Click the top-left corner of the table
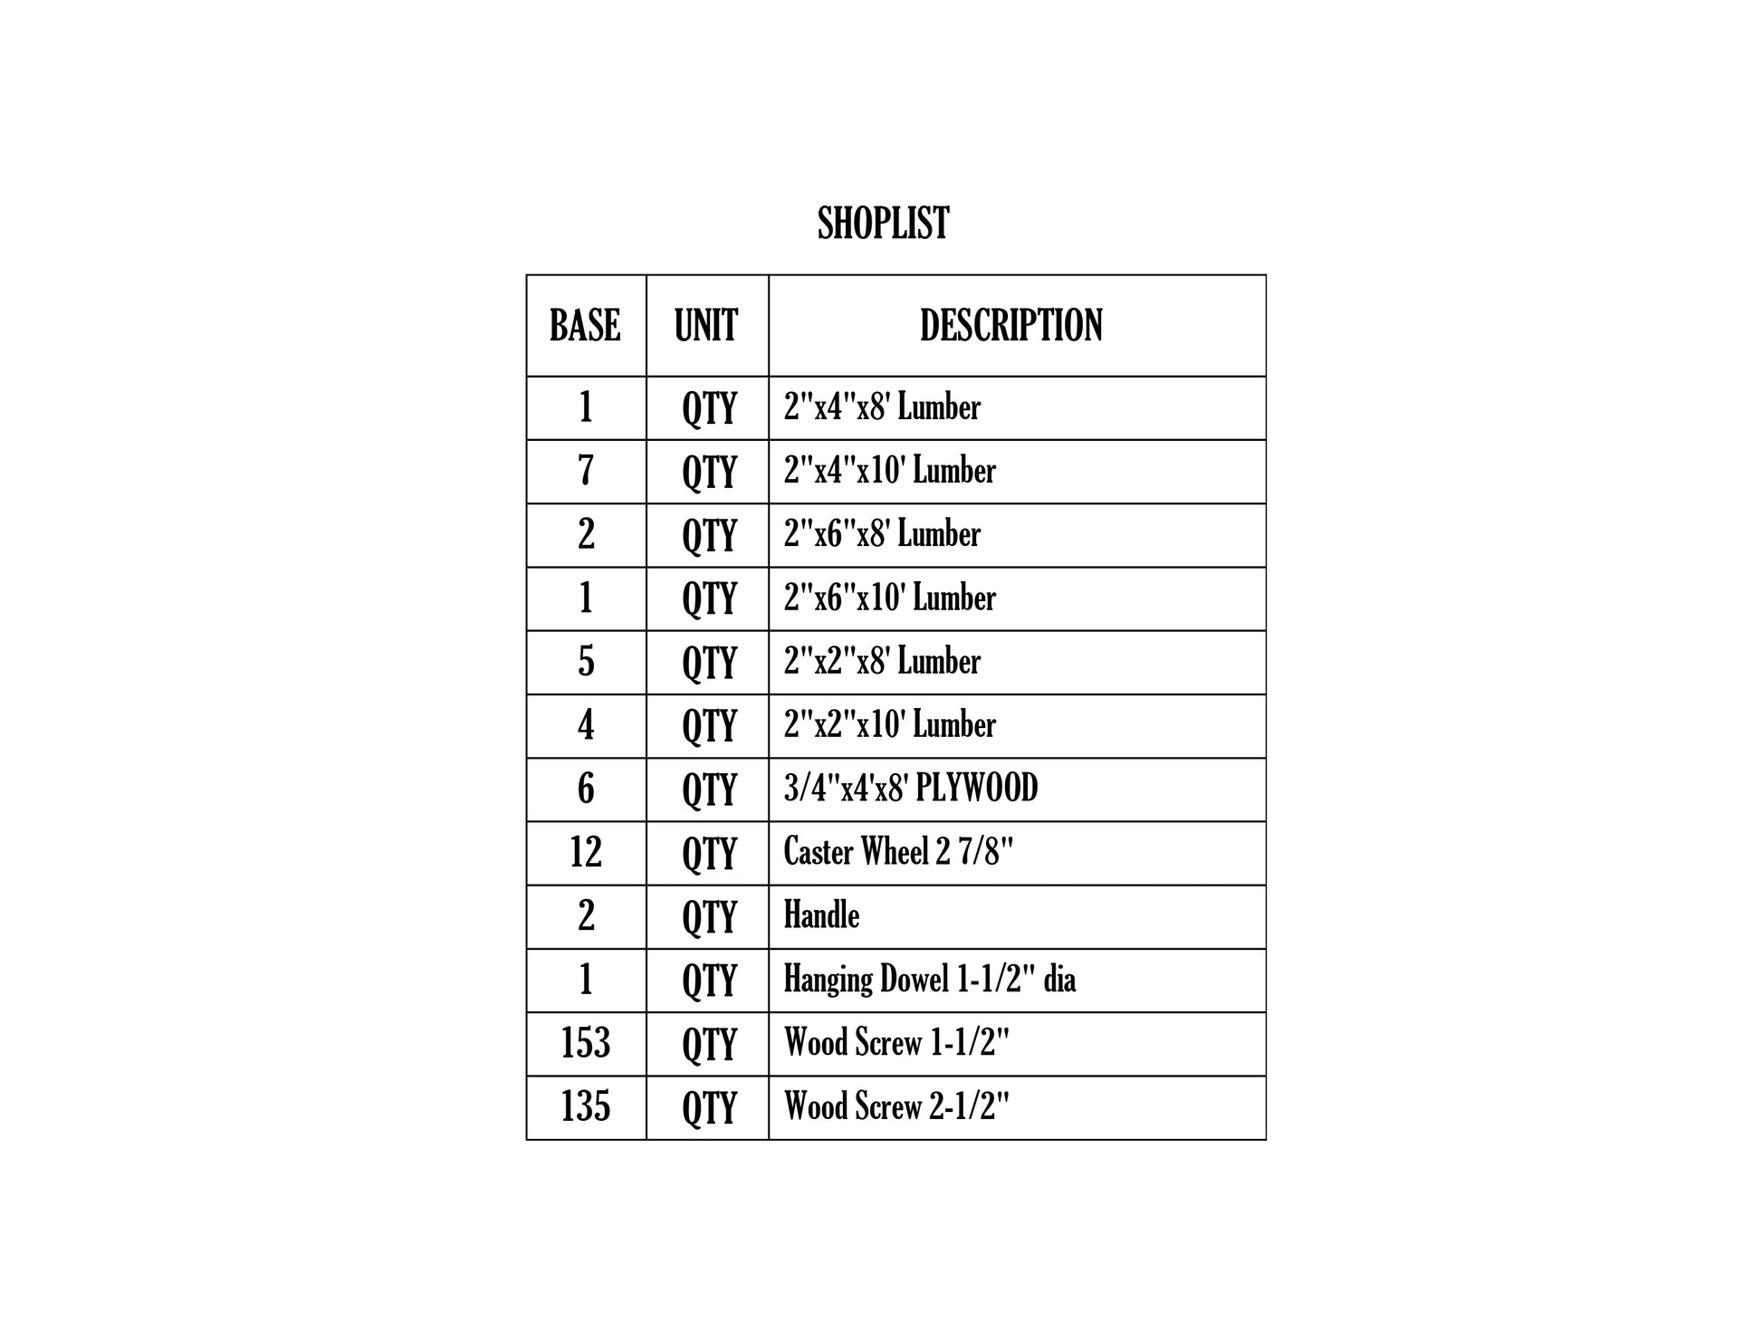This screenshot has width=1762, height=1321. click(x=527, y=275)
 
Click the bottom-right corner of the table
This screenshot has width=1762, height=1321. click(x=1266, y=1139)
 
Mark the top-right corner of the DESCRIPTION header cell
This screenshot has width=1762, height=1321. click(x=1266, y=275)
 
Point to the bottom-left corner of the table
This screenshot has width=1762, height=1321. click(x=527, y=1139)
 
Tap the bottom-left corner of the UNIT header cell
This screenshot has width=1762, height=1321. click(x=646, y=377)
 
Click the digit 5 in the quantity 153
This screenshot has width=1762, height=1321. click(x=585, y=1043)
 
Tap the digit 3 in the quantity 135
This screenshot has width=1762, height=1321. click(x=585, y=1106)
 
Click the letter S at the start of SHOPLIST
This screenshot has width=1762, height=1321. click(x=826, y=223)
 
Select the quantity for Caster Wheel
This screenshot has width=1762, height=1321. click(x=586, y=852)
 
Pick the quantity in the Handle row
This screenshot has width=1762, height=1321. click(x=586, y=915)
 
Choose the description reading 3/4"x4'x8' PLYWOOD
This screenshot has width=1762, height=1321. click(x=911, y=788)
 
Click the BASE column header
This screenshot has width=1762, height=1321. click(x=585, y=325)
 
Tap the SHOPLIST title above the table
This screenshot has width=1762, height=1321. click(x=883, y=223)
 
